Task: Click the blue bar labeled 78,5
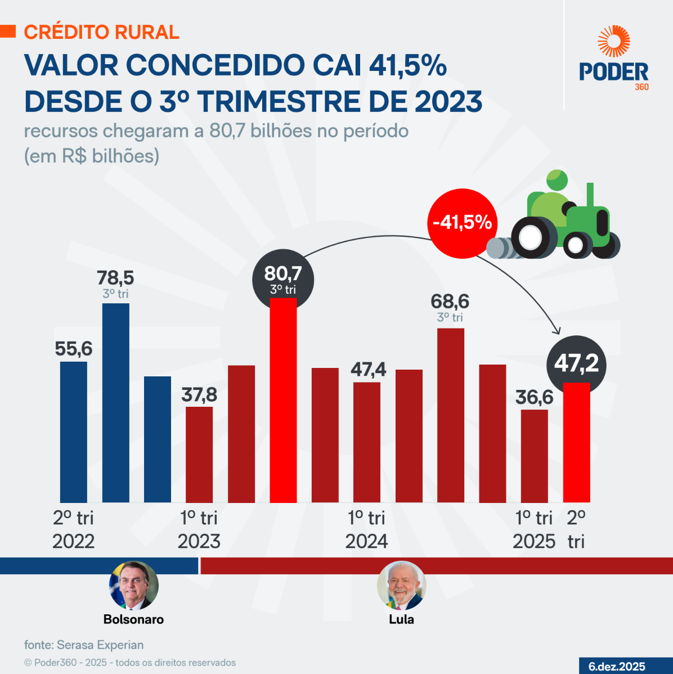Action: coord(115,402)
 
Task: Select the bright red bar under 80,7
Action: coord(283,400)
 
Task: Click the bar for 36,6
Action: coord(534,456)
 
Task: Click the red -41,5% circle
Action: coord(463,223)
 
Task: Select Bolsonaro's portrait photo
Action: coord(134,586)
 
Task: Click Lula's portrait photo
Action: coord(401,586)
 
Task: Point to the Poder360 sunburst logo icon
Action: coord(613,41)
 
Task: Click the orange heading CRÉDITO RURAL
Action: coord(101,32)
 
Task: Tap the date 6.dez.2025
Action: coord(617,667)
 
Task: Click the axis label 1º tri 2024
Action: coord(366,529)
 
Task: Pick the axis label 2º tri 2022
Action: coord(74,529)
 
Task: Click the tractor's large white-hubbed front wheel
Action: coord(531,237)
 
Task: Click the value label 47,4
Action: coord(368,370)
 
